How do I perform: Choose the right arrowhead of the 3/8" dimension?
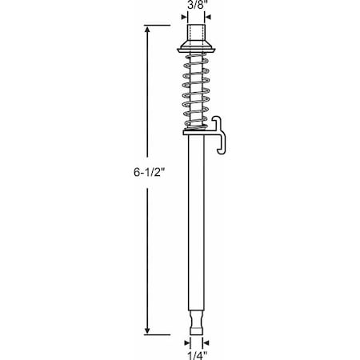click(210, 15)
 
